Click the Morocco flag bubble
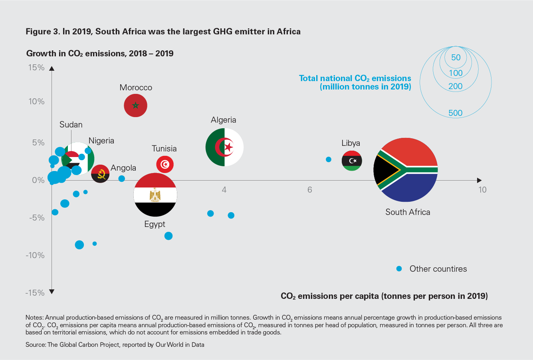(x=136, y=105)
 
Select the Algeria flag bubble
(x=224, y=147)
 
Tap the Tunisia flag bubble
(x=164, y=164)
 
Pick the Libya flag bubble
(x=352, y=161)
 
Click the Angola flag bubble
(x=100, y=174)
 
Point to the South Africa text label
(x=408, y=212)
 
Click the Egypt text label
(x=155, y=224)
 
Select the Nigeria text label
(x=101, y=141)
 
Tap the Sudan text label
(x=71, y=125)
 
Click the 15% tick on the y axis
(x=36, y=67)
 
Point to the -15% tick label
(x=35, y=293)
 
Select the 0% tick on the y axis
(x=38, y=180)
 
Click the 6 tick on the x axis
(x=309, y=189)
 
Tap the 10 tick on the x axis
(x=482, y=189)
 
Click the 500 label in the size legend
(x=455, y=113)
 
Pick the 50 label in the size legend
(x=456, y=58)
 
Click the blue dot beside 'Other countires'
(x=398, y=269)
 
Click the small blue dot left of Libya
(x=329, y=159)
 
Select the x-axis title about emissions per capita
(x=384, y=296)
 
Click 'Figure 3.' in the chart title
(x=42, y=32)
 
